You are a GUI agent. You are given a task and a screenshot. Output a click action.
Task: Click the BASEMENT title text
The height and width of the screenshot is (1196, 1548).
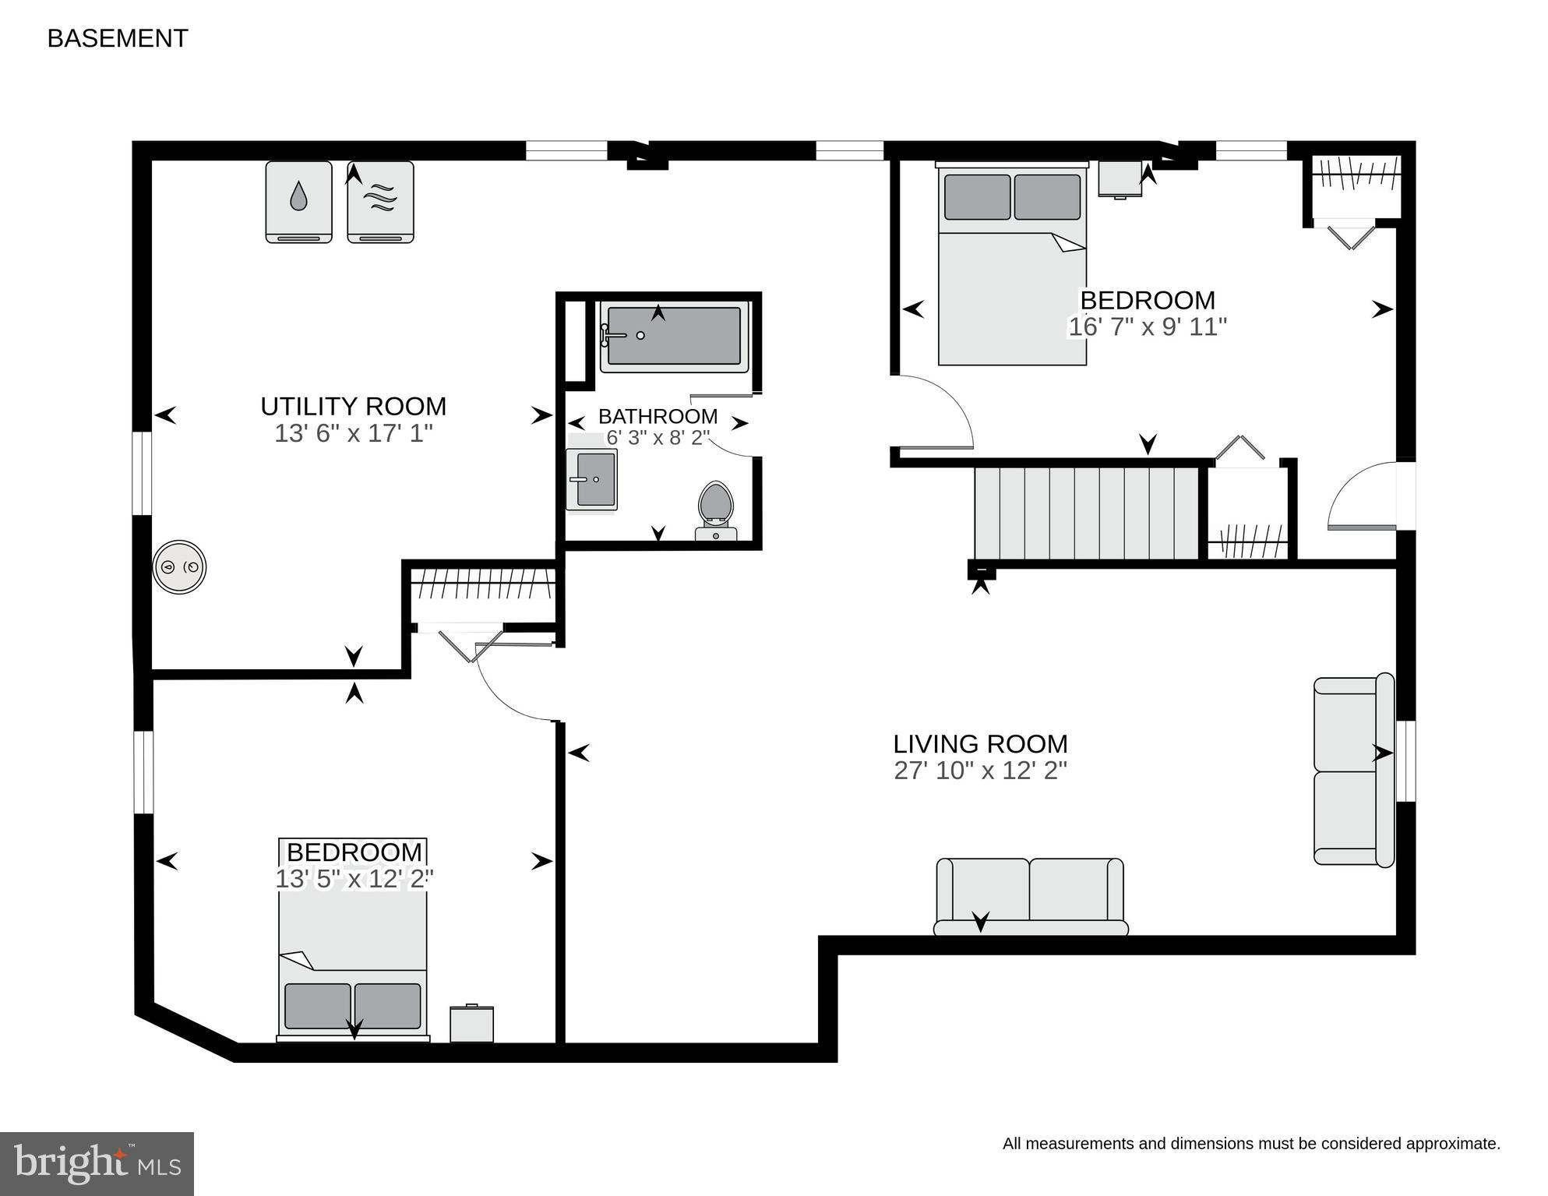118,38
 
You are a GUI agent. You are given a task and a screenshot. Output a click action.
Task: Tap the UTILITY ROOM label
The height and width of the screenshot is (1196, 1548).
353,406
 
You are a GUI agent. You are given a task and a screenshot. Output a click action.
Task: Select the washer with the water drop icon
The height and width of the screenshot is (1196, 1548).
299,202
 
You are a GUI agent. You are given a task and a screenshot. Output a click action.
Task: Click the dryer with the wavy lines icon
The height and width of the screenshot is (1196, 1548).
380,202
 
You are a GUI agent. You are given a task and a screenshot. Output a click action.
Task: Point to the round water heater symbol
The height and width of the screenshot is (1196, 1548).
179,566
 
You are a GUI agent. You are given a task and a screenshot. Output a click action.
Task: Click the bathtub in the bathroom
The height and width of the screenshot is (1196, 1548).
674,336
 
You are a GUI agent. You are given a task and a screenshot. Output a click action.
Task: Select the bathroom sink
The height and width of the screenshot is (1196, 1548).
592,480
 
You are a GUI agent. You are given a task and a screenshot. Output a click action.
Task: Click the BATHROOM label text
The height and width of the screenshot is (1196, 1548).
658,416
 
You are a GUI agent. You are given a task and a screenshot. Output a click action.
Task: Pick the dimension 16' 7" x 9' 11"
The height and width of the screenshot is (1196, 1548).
1148,326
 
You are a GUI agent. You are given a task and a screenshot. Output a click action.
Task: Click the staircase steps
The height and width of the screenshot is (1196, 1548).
1087,513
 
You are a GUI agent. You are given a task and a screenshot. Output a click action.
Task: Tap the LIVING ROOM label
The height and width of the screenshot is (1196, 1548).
980,743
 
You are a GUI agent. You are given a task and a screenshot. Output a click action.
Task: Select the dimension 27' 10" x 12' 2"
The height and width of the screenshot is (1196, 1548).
980,771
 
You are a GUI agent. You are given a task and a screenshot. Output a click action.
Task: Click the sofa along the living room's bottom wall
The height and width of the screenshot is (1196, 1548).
1031,896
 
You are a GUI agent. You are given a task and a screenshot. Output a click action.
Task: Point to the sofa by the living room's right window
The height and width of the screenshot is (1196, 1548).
1354,770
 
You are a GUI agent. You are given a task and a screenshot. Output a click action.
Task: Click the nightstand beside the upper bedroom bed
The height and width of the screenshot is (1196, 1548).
1120,179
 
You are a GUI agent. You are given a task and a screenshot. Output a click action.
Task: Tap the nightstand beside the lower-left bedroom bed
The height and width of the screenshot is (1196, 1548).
472,1023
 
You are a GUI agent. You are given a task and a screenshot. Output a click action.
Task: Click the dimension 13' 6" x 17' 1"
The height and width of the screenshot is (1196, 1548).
353,433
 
